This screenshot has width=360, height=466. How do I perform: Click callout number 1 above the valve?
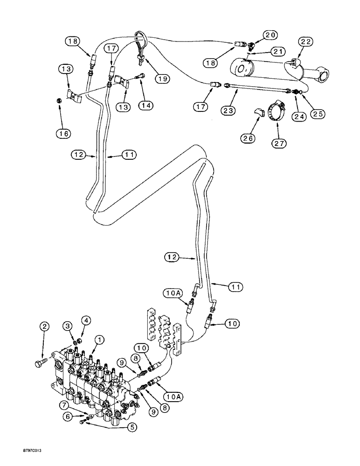98,340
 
